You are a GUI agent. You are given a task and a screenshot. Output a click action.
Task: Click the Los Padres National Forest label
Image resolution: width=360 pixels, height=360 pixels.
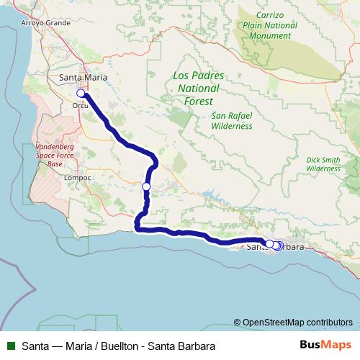[199, 89]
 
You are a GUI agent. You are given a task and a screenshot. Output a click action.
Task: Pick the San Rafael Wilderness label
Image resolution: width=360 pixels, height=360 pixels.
[232, 120]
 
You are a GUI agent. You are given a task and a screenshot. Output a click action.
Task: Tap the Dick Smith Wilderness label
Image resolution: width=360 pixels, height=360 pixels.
[323, 163]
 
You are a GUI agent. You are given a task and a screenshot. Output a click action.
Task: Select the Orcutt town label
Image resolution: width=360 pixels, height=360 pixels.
[80, 105]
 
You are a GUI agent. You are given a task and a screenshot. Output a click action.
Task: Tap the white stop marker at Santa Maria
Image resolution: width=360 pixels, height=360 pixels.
[81, 93]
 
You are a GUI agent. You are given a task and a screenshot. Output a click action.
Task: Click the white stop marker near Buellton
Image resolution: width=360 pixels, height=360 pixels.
[146, 187]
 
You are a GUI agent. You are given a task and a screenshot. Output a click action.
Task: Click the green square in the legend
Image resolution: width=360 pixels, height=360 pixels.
[10, 345]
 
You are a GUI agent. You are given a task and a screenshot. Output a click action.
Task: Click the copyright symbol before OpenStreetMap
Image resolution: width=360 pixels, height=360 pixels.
[238, 323]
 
